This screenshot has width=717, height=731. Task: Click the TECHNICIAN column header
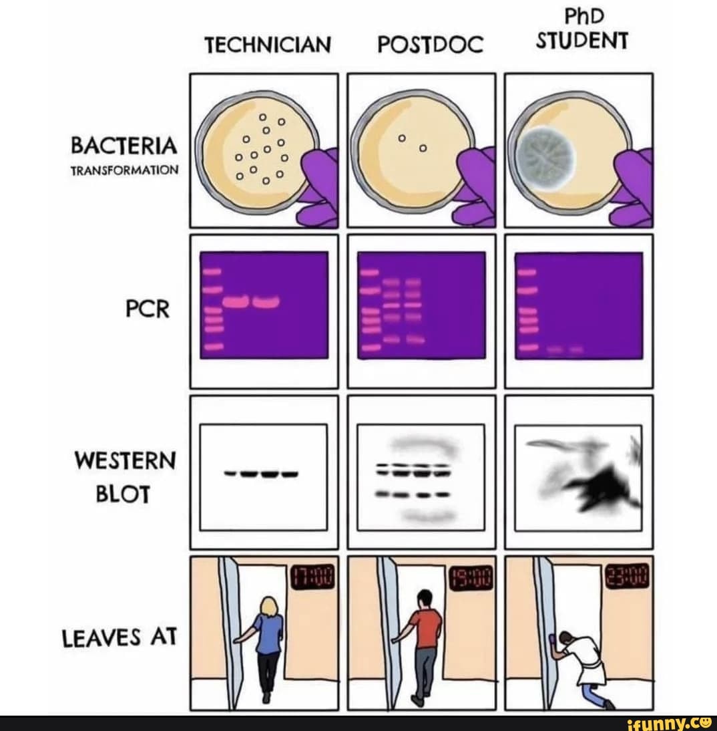tap(267, 45)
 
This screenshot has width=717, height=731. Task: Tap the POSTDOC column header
tap(429, 45)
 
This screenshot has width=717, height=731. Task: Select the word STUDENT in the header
tap(582, 42)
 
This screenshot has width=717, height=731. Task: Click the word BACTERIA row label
tap(124, 146)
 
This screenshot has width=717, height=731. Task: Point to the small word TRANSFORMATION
tap(124, 170)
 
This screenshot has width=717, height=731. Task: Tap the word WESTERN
tap(126, 460)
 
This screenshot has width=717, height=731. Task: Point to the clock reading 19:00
tap(472, 577)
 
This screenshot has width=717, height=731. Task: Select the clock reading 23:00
tap(628, 577)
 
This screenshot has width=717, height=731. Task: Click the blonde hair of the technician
tap(269, 607)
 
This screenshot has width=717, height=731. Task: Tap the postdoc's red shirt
tap(427, 628)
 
